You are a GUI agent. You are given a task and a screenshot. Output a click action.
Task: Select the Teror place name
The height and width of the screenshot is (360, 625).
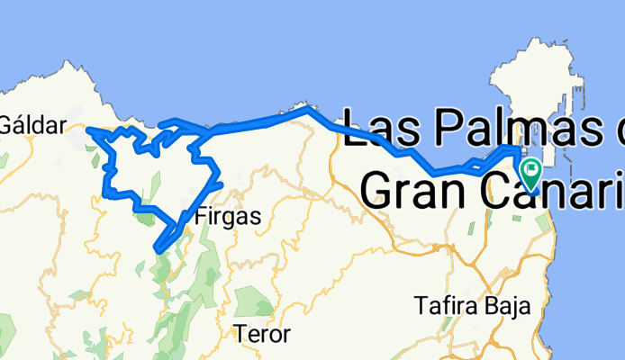262,335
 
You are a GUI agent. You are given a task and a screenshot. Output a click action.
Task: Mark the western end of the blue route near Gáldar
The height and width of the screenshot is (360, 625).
88,130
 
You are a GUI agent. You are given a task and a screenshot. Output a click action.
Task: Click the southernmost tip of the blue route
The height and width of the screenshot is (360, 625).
159,247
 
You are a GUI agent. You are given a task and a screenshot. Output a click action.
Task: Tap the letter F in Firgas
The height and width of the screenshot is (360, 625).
199,216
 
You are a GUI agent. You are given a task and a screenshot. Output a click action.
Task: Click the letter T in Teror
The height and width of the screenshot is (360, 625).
240,335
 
